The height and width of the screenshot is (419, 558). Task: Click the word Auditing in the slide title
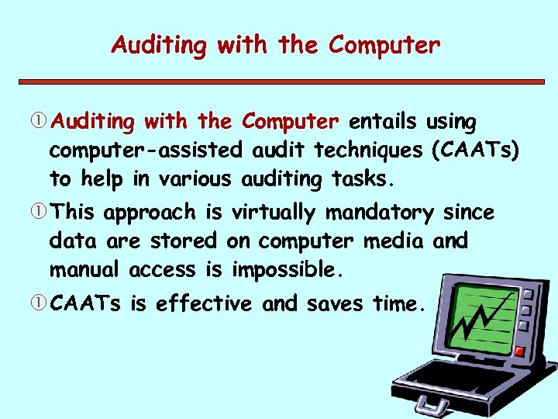click(x=160, y=46)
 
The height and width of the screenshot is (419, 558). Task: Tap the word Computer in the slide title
click(x=384, y=46)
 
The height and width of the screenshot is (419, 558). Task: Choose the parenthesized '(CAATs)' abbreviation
click(x=475, y=151)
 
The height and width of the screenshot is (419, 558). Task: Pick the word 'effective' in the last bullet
click(x=204, y=304)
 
